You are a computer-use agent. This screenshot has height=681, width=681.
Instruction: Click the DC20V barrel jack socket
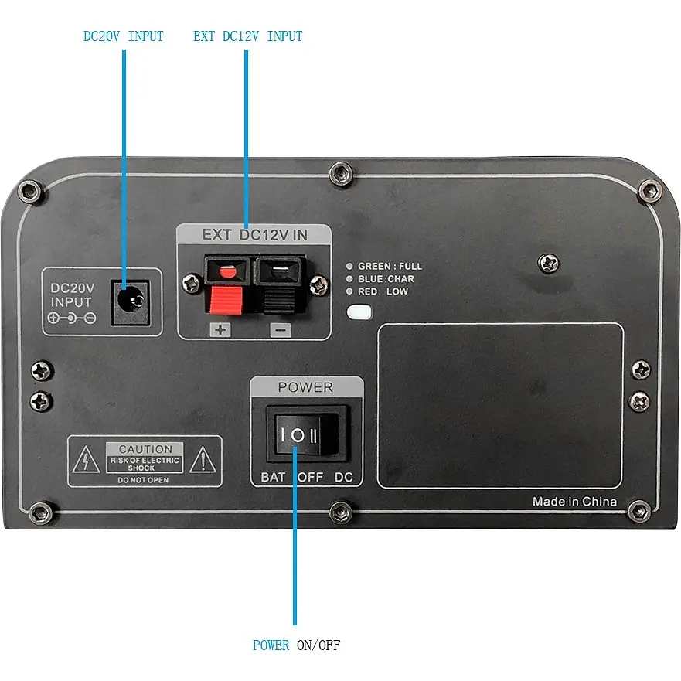tap(131, 302)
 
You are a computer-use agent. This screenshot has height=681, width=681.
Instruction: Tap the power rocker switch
tap(308, 434)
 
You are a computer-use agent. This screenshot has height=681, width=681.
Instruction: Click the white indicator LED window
tap(359, 312)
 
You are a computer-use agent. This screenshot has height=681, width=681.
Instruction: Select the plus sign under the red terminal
tap(220, 329)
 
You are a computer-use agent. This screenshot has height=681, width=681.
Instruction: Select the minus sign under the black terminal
tap(280, 330)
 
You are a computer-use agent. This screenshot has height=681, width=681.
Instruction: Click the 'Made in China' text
tap(574, 502)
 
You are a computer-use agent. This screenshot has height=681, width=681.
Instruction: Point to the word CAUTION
tap(145, 449)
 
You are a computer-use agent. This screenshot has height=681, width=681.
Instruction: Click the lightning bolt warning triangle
tap(86, 459)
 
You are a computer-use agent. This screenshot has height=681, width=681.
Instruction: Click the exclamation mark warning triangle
tap(203, 459)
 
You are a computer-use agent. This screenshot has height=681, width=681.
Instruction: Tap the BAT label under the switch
tap(273, 477)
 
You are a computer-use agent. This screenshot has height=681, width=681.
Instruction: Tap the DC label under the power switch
tap(343, 477)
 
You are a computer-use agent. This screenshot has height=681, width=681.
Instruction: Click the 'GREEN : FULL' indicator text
tap(390, 266)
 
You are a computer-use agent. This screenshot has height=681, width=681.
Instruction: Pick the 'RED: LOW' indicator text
tap(383, 291)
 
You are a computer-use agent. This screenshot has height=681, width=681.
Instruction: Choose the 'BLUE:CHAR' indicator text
tap(386, 279)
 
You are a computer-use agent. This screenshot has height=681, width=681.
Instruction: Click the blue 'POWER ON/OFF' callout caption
tap(297, 645)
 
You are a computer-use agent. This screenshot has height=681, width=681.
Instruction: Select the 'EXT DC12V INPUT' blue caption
tap(247, 36)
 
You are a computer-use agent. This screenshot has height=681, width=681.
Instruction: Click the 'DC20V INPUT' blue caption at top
tap(124, 36)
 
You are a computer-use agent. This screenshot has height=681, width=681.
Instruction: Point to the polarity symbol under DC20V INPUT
tap(72, 318)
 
